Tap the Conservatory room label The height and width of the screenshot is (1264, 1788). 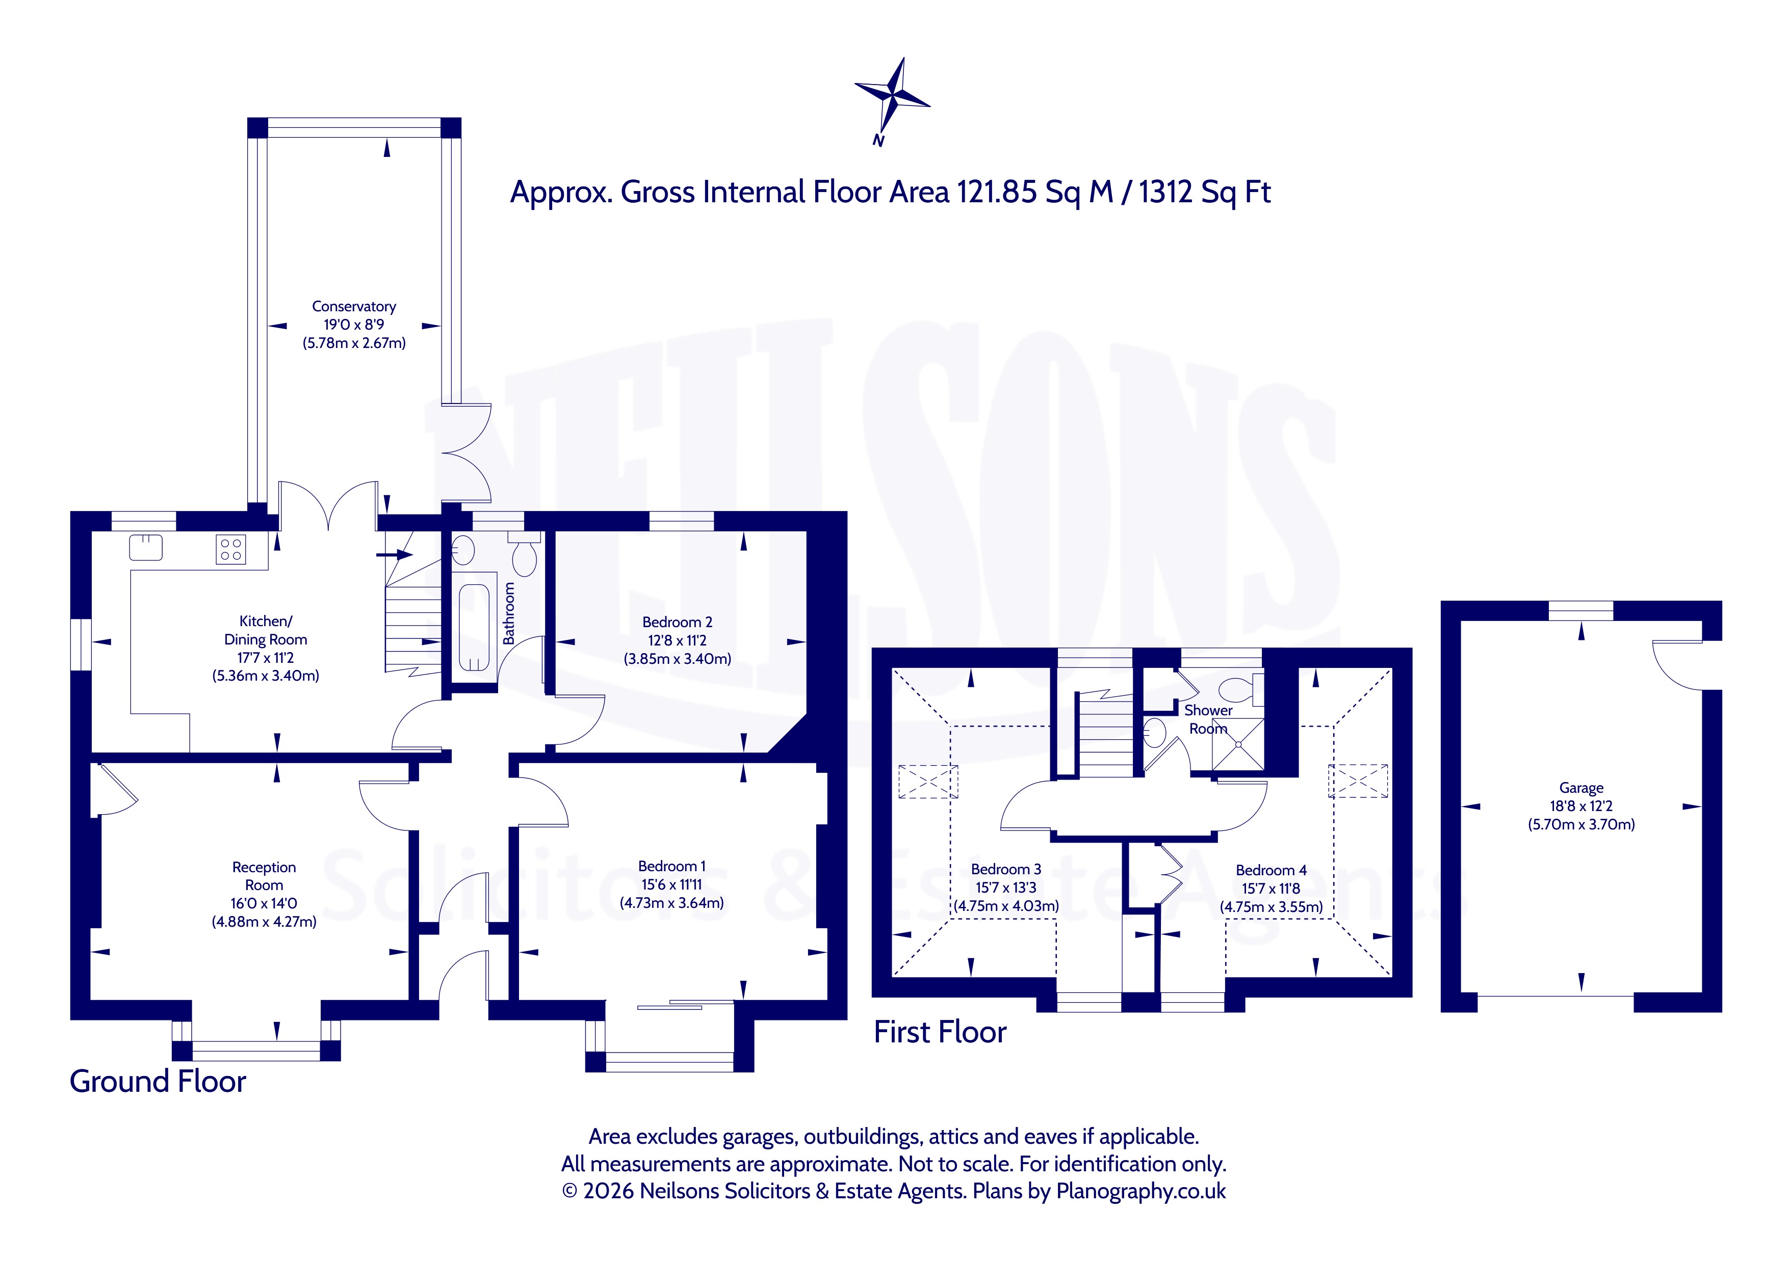pos(354,307)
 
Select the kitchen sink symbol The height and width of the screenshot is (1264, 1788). pos(146,548)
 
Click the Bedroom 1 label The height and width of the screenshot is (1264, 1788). pos(672,866)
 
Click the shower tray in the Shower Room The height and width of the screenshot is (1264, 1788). pos(1237,744)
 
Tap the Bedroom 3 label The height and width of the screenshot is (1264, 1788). pos(1006,869)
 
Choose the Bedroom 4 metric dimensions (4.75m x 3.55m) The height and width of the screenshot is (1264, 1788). pos(1272,907)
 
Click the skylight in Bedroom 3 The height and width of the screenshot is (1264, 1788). pos(928,782)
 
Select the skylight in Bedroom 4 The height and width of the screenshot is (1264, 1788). pos(1358,782)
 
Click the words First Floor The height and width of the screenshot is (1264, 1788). pos(940,1032)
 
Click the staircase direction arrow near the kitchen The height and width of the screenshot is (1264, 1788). pos(394,555)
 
